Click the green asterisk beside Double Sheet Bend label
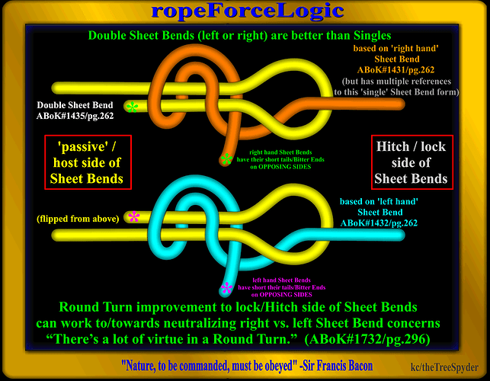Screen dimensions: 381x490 133,107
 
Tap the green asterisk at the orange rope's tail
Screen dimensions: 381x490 226,159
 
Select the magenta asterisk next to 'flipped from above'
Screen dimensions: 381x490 134,217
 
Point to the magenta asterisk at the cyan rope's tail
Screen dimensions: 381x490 226,289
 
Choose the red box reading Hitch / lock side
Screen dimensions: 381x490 411,161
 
